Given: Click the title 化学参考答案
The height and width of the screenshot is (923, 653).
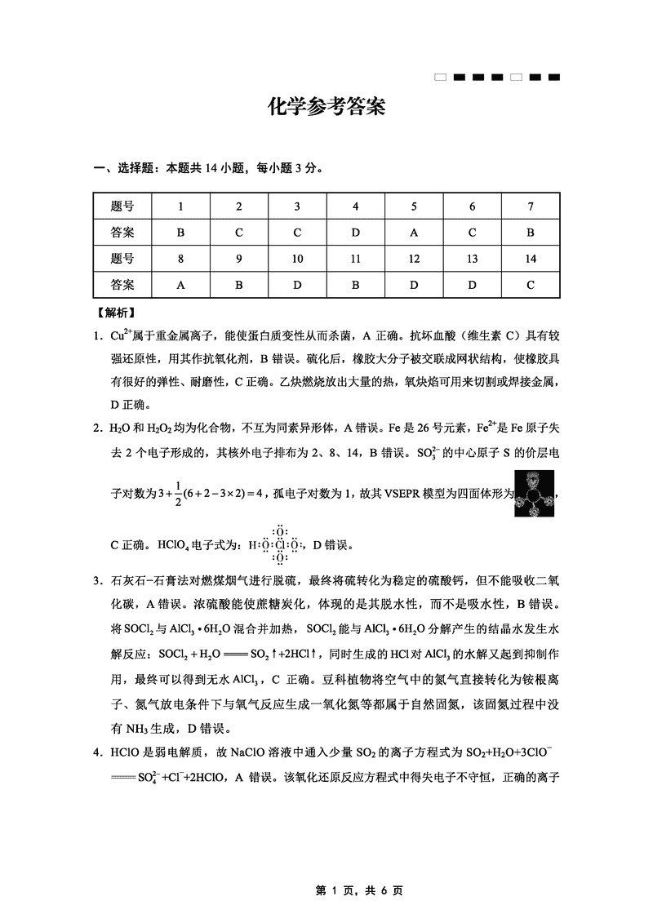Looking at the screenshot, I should pyautogui.click(x=326, y=107).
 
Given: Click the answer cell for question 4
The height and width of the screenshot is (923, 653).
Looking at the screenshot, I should pyautogui.click(x=355, y=233).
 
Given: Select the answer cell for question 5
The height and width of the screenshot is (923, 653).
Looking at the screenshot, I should pyautogui.click(x=414, y=233).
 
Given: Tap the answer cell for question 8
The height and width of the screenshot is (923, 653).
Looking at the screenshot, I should pyautogui.click(x=180, y=285).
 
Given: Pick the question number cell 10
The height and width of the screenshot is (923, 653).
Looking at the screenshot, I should pyautogui.click(x=297, y=259).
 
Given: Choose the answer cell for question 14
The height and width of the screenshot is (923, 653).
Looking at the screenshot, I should pyautogui.click(x=531, y=285).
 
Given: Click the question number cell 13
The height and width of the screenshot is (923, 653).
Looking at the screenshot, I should pyautogui.click(x=472, y=259).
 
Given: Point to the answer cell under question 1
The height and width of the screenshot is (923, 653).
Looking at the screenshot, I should pyautogui.click(x=180, y=233).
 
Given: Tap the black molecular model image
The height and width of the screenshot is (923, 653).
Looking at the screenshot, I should pyautogui.click(x=535, y=492).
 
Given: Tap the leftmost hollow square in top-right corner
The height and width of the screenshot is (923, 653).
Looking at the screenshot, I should pyautogui.click(x=441, y=78).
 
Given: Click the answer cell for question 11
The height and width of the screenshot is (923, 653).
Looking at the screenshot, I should pyautogui.click(x=355, y=285).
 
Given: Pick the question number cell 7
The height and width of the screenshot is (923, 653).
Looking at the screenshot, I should pyautogui.click(x=531, y=206).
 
